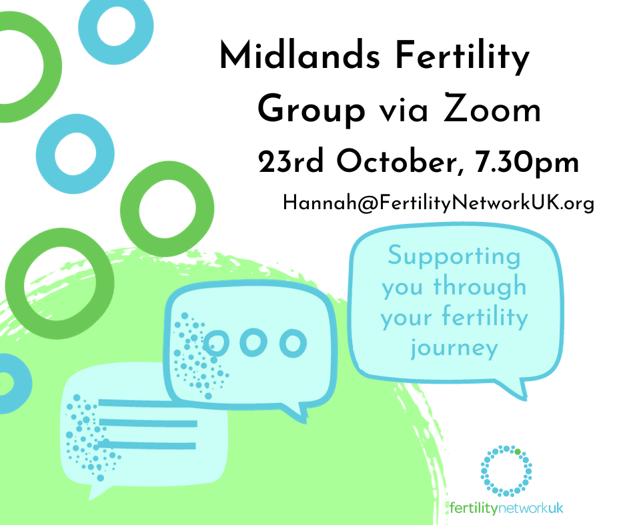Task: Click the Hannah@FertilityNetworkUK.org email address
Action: (x=438, y=203)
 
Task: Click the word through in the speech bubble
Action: (x=480, y=287)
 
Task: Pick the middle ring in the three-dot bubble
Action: (x=253, y=342)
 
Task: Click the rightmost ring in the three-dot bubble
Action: (x=292, y=342)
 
